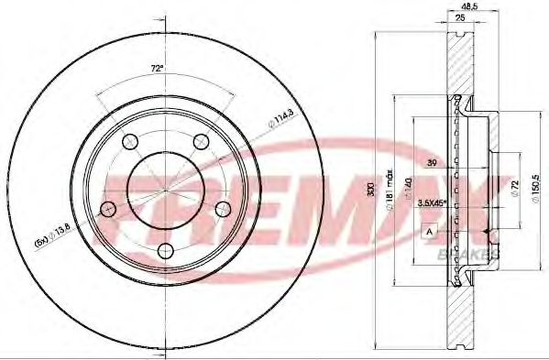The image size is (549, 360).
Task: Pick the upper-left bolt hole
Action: (130, 141)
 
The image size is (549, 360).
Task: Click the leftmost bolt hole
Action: (109, 208)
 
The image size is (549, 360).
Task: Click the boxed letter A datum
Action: (427, 232)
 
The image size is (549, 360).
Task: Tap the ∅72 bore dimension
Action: (514, 187)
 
